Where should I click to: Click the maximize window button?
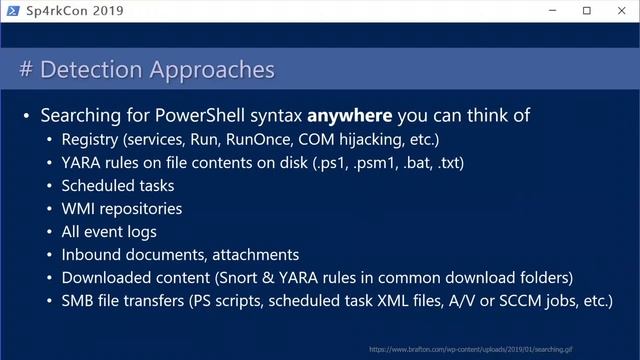[587, 11]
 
